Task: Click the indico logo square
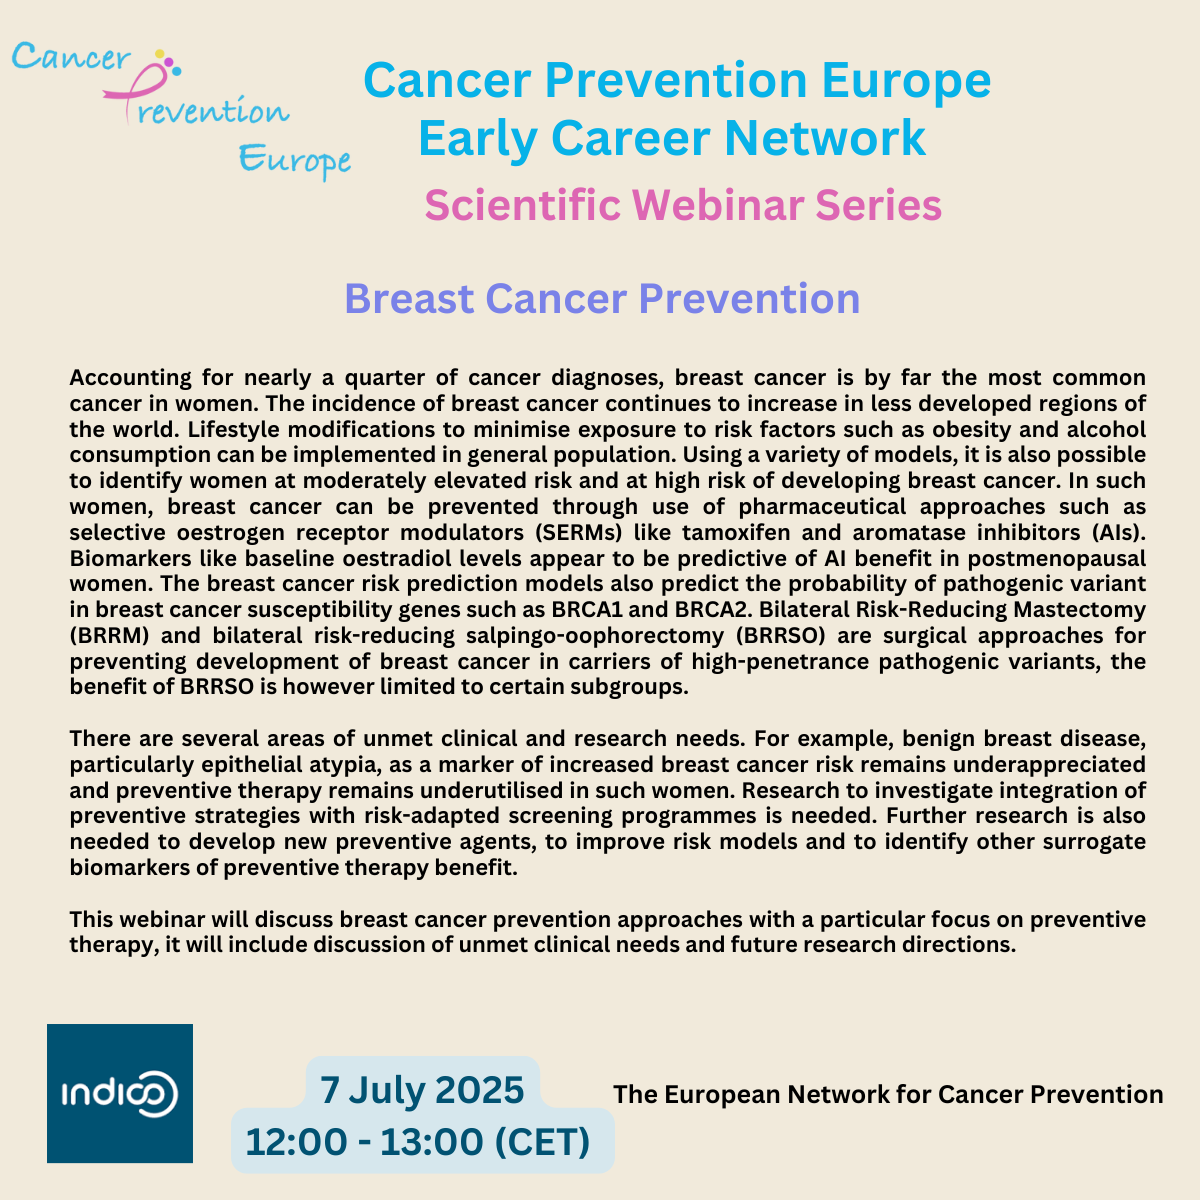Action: tap(120, 1093)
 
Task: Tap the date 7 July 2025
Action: tap(422, 1090)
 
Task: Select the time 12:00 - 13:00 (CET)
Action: tap(418, 1141)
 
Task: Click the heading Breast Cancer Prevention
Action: tap(602, 298)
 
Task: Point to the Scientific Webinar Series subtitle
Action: tap(683, 205)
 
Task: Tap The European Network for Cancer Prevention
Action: tap(888, 1094)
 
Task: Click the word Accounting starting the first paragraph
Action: tap(130, 378)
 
